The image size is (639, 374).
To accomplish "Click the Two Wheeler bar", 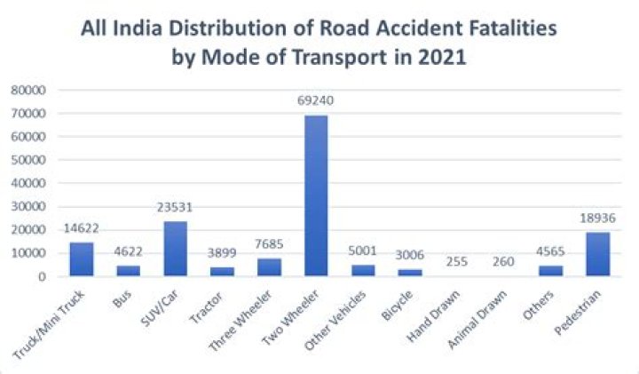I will coord(316,195).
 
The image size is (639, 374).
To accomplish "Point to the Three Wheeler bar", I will coord(269,267).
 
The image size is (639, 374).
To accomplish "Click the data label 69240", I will coord(316,102).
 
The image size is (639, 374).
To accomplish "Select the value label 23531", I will coord(176,208).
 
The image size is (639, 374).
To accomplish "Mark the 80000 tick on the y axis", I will coord(30,90).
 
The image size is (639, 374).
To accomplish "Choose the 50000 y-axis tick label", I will coord(30,160).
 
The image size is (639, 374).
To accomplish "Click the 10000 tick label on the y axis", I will coord(30,253).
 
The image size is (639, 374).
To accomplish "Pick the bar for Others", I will coord(550,271).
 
